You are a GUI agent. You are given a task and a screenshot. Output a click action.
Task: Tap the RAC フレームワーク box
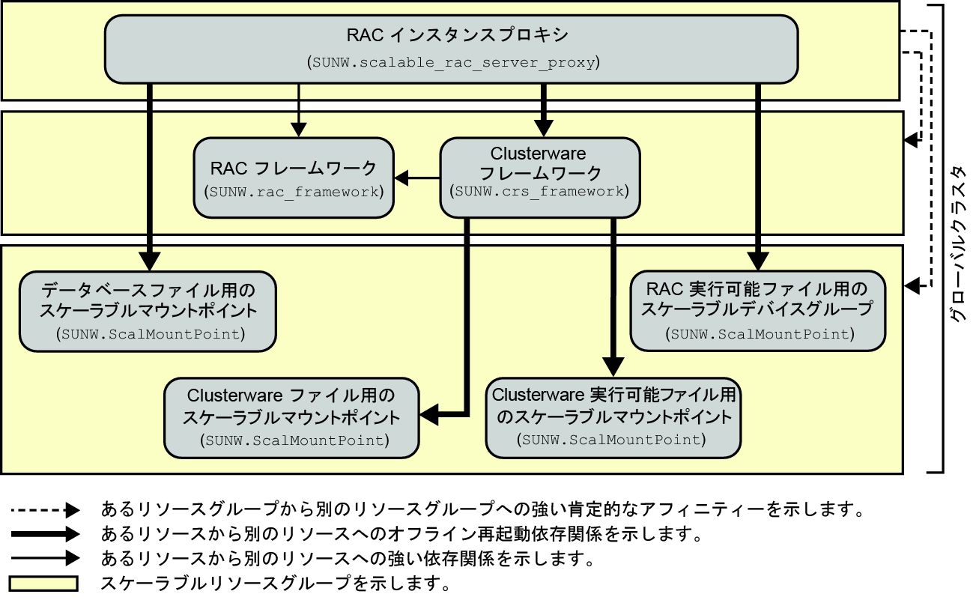[294, 177]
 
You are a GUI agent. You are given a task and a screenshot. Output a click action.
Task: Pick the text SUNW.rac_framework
[294, 192]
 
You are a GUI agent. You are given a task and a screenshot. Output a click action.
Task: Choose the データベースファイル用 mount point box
[148, 311]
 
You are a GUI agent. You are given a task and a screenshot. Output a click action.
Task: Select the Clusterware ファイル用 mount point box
[293, 418]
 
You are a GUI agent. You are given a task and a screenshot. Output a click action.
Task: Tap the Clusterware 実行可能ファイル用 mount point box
[614, 418]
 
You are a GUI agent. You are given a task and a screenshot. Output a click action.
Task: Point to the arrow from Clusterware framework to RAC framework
[417, 178]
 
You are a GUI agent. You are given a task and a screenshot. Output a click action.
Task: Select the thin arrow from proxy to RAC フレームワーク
[299, 109]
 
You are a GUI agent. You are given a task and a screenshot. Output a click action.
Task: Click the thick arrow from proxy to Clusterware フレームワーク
[545, 109]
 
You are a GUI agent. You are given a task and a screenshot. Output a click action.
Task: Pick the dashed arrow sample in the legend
[44, 512]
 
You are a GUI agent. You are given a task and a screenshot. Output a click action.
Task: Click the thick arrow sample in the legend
[44, 535]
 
